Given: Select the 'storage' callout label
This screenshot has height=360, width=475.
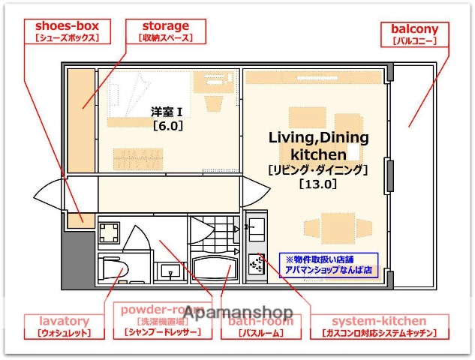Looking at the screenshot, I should (x=164, y=26).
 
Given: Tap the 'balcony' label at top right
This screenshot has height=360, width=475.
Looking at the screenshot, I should (x=414, y=29).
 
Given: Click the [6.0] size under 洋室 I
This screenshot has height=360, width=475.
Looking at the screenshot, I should (x=167, y=126).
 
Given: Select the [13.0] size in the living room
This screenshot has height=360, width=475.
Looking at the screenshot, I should (x=317, y=182).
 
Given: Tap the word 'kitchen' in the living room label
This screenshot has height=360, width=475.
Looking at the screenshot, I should (x=317, y=154).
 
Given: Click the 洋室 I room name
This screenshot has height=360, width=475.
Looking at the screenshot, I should (x=167, y=112).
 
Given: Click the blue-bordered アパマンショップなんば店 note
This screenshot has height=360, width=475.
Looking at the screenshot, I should (x=329, y=265).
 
